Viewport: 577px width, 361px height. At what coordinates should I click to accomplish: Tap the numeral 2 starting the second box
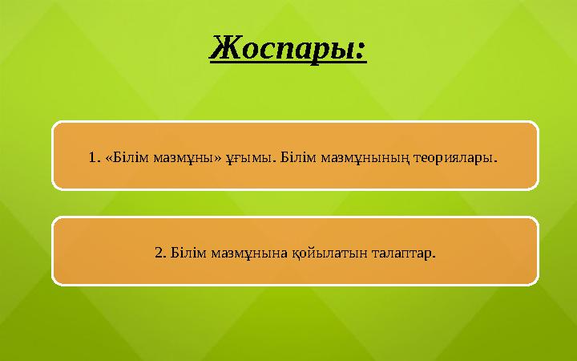(x=158, y=254)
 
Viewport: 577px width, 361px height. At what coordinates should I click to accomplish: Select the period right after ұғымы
(x=275, y=160)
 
